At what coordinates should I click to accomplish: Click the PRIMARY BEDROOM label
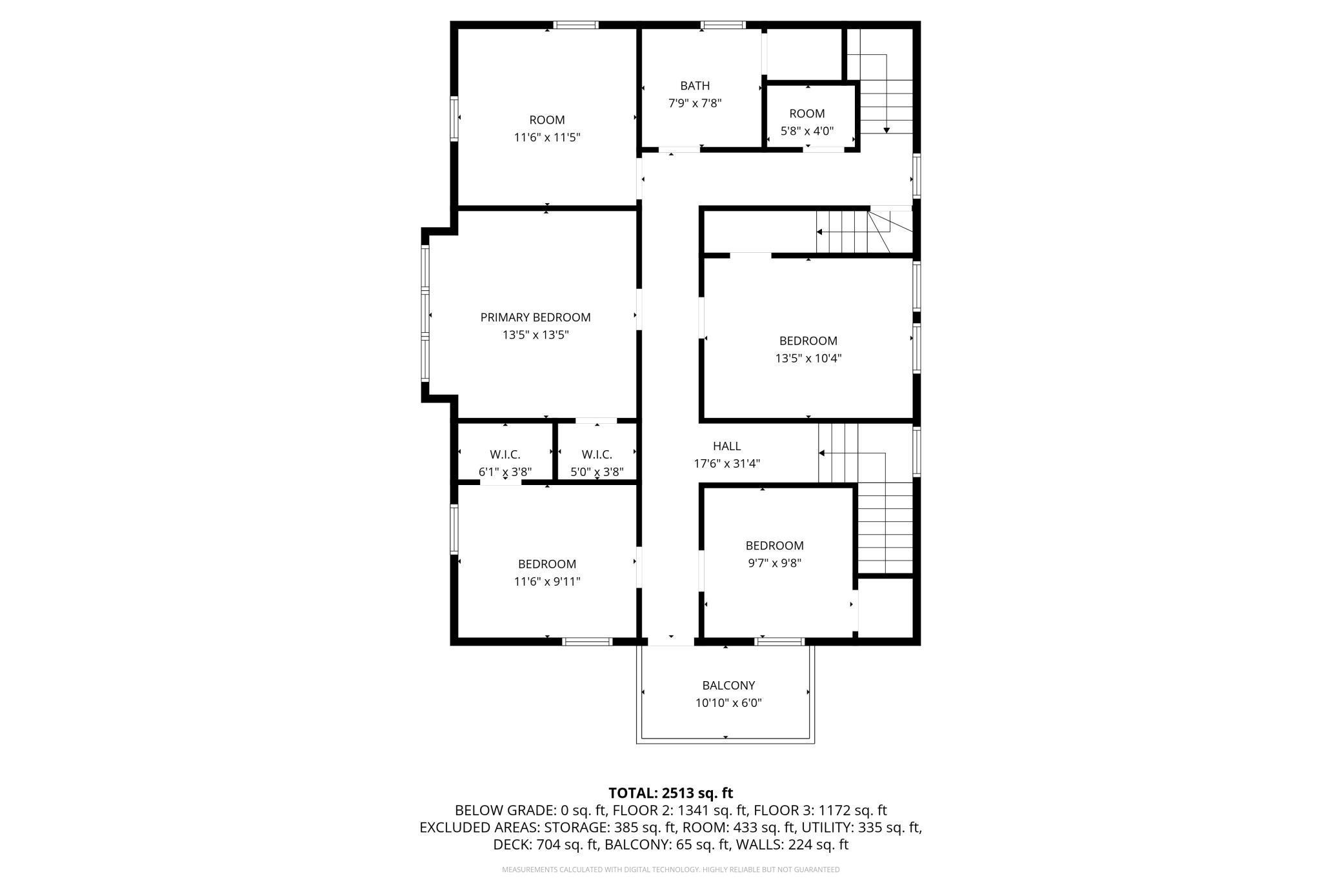click(536, 317)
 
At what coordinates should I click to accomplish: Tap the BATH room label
click(695, 86)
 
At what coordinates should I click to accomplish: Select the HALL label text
click(727, 446)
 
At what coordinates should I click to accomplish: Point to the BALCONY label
click(728, 686)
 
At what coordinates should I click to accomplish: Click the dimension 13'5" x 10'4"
click(808, 358)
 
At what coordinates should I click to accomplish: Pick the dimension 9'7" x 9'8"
click(774, 562)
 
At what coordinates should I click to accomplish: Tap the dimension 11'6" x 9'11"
click(547, 581)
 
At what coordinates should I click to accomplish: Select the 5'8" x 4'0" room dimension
click(807, 131)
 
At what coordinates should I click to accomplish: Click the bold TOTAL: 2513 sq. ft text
click(671, 793)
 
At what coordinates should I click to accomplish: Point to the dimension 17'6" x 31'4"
click(727, 463)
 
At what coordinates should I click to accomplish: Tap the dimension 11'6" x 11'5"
click(547, 137)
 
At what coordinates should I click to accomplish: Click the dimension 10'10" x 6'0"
click(728, 703)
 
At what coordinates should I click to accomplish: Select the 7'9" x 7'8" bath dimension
click(695, 103)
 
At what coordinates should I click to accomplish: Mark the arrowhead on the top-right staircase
click(886, 130)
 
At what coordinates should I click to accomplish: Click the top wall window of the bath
click(723, 25)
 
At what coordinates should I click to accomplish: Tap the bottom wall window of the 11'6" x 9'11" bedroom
click(587, 641)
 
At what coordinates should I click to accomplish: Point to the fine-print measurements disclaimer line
click(671, 869)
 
